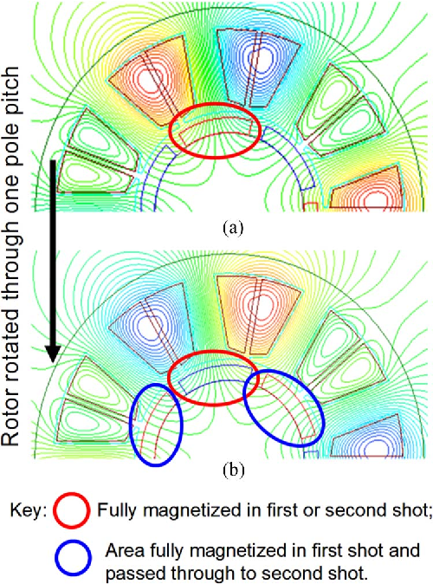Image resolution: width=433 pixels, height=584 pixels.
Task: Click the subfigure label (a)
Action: tap(233, 227)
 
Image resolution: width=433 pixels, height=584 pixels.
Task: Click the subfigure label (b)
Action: tap(234, 470)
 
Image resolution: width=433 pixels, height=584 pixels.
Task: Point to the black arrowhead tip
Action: tap(53, 363)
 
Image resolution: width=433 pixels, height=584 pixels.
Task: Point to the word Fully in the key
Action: tap(117, 510)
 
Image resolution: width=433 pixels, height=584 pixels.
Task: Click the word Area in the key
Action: tap(125, 550)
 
